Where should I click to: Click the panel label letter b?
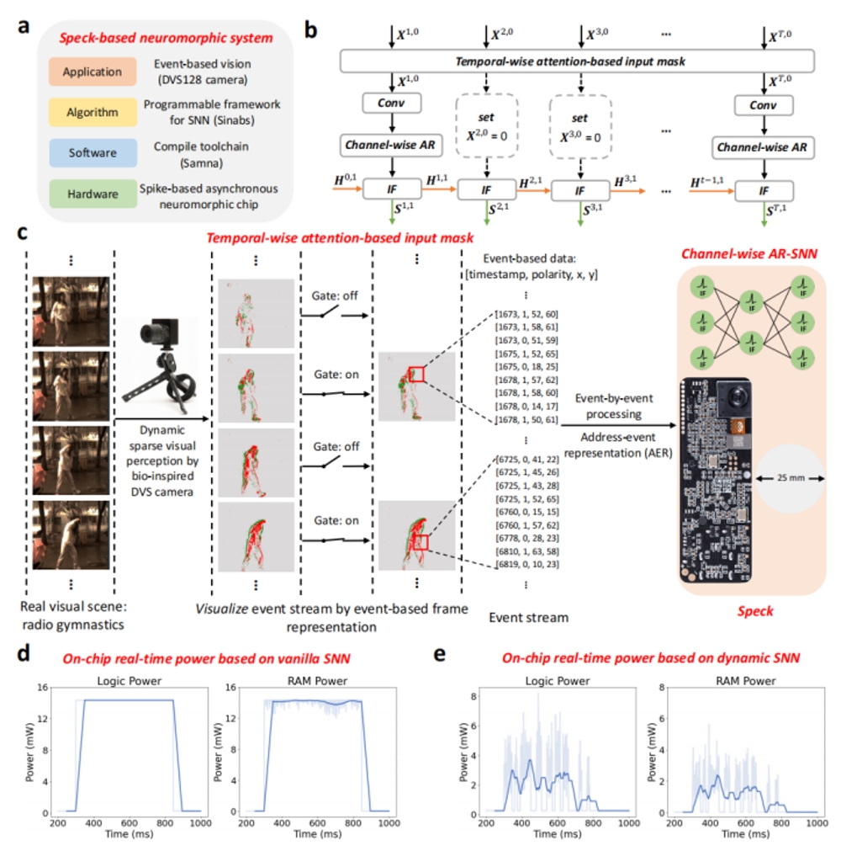(310, 31)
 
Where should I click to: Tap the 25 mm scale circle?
(789, 477)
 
